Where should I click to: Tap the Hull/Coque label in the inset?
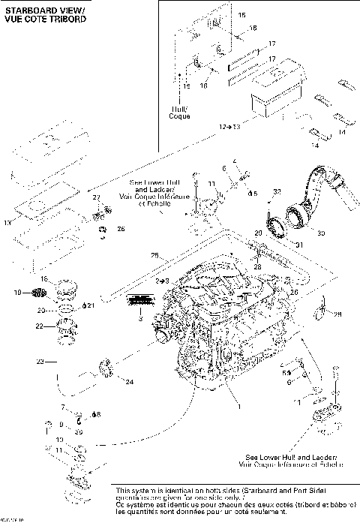click(x=180, y=113)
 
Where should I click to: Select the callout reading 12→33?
click(x=230, y=128)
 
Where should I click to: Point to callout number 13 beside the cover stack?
click(x=7, y=223)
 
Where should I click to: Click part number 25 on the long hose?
click(x=154, y=256)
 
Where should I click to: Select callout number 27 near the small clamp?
click(x=96, y=197)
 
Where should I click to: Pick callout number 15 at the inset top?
click(x=241, y=15)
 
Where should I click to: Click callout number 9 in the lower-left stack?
click(x=60, y=424)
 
